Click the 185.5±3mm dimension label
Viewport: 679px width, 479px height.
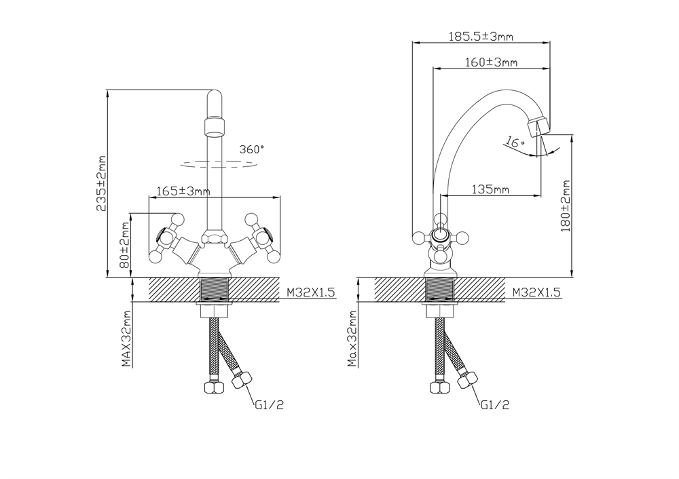pyautogui.click(x=480, y=37)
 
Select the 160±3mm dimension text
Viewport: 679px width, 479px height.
pyautogui.click(x=491, y=62)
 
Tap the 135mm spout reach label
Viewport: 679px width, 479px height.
pyautogui.click(x=490, y=189)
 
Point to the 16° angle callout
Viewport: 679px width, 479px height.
pyautogui.click(x=515, y=142)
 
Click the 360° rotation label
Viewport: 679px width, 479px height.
pyautogui.click(x=252, y=149)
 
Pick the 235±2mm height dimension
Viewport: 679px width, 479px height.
pyautogui.click(x=101, y=183)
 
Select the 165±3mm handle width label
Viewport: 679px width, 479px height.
pyautogui.click(x=183, y=191)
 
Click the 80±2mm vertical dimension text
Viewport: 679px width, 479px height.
pyautogui.click(x=125, y=245)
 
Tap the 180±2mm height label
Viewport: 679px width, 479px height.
pyautogui.click(x=566, y=206)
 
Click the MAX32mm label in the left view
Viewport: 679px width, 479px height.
pyautogui.click(x=126, y=339)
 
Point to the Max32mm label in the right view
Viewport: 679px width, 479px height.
pyautogui.click(x=352, y=339)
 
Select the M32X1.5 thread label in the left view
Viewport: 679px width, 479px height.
pyautogui.click(x=311, y=292)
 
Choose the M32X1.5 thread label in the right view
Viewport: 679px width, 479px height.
pyautogui.click(x=536, y=292)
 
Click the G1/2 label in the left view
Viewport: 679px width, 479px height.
pyautogui.click(x=269, y=405)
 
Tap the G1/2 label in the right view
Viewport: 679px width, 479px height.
pyautogui.click(x=495, y=405)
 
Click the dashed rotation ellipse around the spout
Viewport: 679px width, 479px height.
pyautogui.click(x=219, y=164)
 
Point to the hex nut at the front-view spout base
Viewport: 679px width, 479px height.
pyautogui.click(x=213, y=237)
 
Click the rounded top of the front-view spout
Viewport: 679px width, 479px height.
pyautogui.click(x=215, y=94)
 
